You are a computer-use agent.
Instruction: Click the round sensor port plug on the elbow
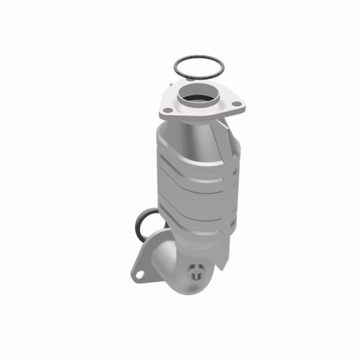click(195, 271)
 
